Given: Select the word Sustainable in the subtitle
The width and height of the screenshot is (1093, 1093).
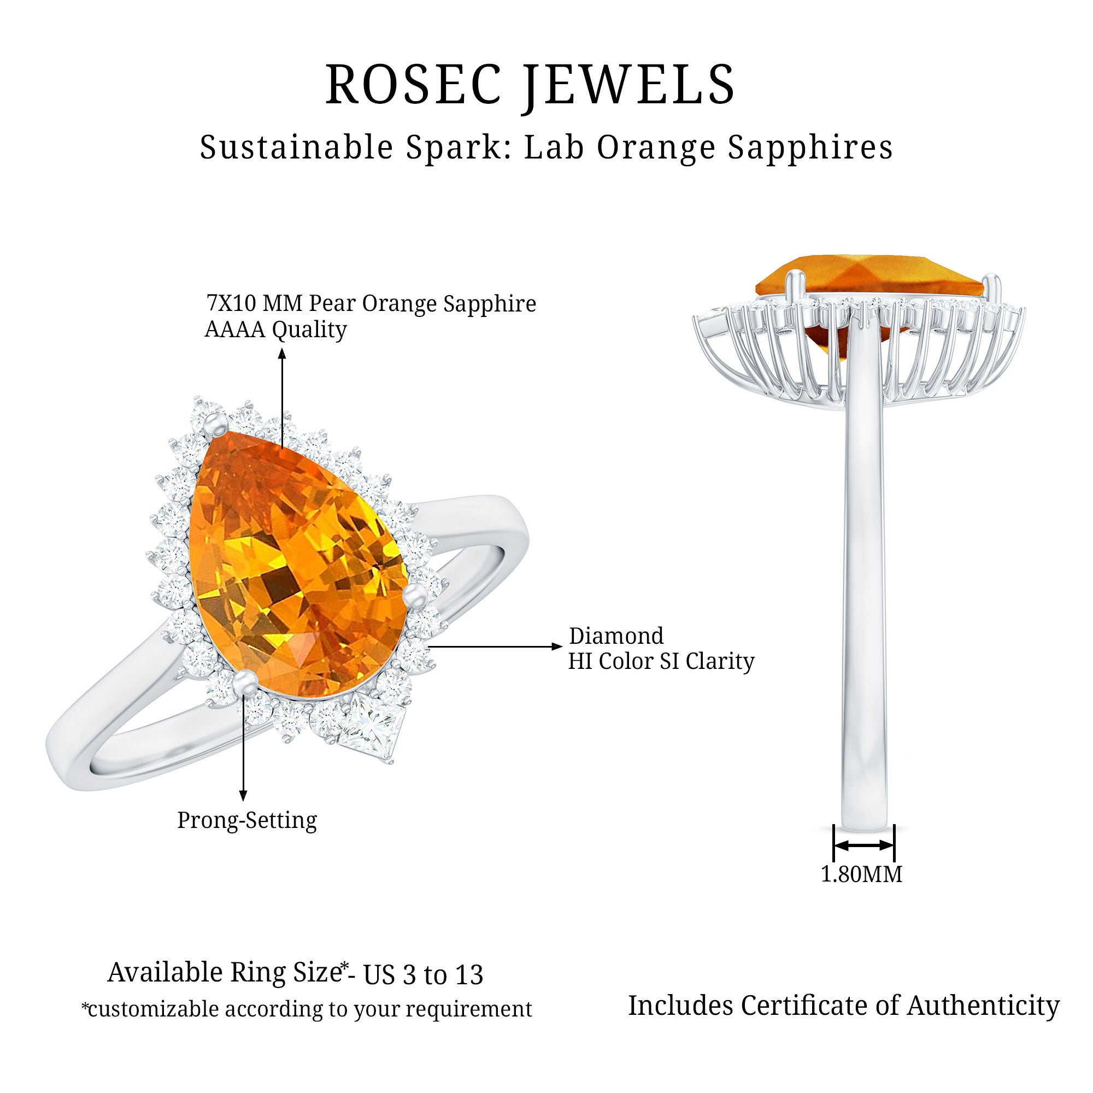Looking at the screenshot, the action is (x=296, y=147).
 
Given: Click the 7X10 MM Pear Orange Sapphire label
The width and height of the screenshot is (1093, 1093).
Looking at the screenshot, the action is (x=371, y=304).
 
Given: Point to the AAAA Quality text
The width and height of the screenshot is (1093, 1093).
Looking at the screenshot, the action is (x=275, y=329).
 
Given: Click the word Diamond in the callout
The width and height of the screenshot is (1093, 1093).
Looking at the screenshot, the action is (x=616, y=636).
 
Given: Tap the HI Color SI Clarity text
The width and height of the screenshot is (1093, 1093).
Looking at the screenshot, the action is (x=661, y=661).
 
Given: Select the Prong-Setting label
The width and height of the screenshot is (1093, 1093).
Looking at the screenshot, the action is (x=247, y=820).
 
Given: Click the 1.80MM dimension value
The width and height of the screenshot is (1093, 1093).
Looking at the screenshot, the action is (x=862, y=874).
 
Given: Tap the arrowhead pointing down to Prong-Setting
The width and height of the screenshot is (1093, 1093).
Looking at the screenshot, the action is (x=243, y=797).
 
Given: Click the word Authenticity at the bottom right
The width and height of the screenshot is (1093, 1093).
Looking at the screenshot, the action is (x=984, y=1006).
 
